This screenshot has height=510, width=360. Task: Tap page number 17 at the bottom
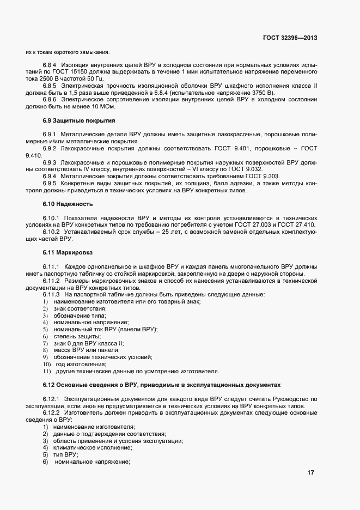click(311, 473)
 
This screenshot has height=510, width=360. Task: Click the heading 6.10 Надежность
click(68, 204)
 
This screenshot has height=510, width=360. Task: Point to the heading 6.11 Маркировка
click(68, 253)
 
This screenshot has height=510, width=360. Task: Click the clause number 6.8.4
click(50, 65)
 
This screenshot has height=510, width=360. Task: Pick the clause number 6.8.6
click(50, 100)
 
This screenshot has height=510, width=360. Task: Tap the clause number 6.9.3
click(50, 162)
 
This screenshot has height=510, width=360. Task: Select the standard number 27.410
click(305, 225)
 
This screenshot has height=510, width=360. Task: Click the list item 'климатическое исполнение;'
click(93, 447)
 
